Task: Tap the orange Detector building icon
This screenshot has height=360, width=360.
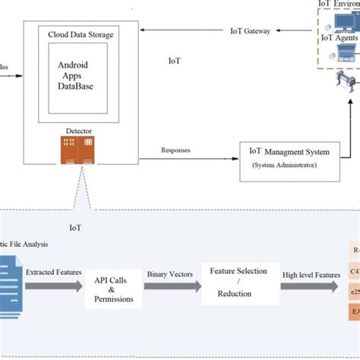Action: point(79,150)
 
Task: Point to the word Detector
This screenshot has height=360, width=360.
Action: point(79,131)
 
